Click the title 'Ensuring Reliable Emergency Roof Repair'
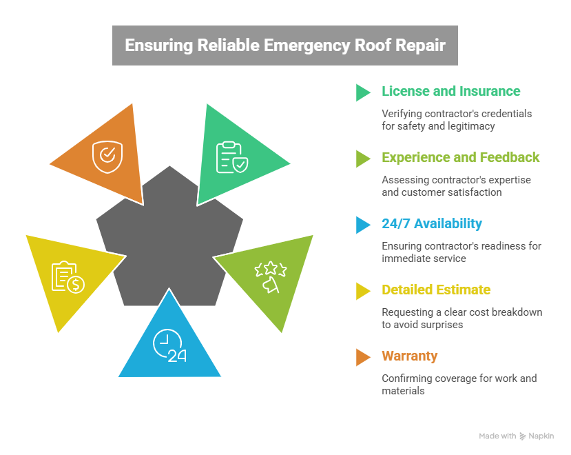point(284,45)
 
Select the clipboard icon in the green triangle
point(231,156)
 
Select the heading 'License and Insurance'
point(451,92)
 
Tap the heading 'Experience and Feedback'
point(460,158)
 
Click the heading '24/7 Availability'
point(431,224)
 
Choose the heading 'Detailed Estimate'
point(436,290)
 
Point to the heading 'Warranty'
point(409,356)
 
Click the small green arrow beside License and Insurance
point(362,92)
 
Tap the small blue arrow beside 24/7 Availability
point(362,225)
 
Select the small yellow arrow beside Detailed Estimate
point(362,291)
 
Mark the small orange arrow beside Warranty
point(362,357)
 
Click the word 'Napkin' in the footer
point(541,436)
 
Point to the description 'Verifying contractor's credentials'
point(457,113)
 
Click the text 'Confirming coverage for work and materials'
point(459,384)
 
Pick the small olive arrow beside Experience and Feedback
point(362,159)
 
